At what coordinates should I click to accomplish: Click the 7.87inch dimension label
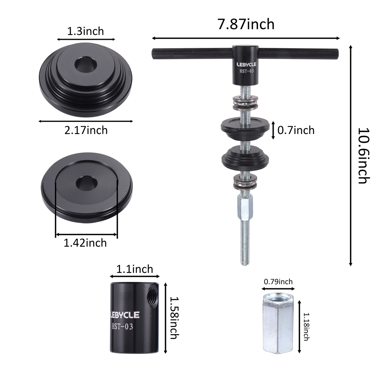(246, 24)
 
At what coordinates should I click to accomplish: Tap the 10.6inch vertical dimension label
(364, 156)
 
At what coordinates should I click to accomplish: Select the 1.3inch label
(85, 31)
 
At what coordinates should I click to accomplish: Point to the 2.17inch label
(86, 130)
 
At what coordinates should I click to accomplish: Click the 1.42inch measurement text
(85, 243)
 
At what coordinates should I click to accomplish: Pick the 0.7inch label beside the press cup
(296, 130)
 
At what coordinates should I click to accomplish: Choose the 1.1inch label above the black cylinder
(134, 269)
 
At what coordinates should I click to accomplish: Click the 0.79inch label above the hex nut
(278, 281)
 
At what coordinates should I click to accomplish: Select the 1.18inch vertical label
(306, 327)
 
